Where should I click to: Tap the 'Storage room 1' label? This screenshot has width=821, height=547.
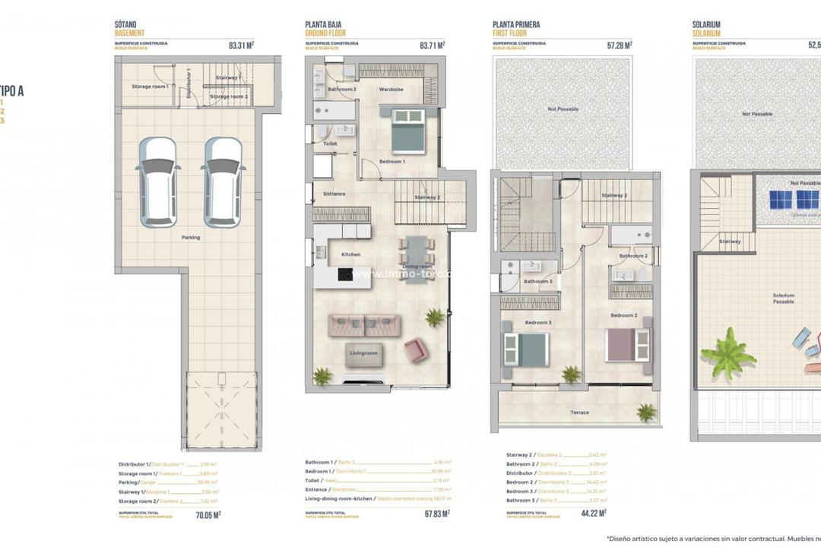(150, 87)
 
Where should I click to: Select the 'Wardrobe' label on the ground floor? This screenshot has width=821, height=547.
(391, 90)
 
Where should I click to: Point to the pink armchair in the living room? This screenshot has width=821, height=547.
(415, 349)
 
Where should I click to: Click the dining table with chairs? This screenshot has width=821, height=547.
(416, 258)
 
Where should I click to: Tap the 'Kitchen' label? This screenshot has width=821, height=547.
(350, 255)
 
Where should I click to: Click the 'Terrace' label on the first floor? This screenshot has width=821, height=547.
(579, 413)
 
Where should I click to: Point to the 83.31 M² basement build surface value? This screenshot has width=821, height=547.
(241, 46)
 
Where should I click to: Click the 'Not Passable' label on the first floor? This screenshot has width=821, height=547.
(563, 109)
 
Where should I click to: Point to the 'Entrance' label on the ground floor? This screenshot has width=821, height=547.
(334, 194)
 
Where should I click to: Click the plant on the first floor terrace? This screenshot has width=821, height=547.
(646, 412)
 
